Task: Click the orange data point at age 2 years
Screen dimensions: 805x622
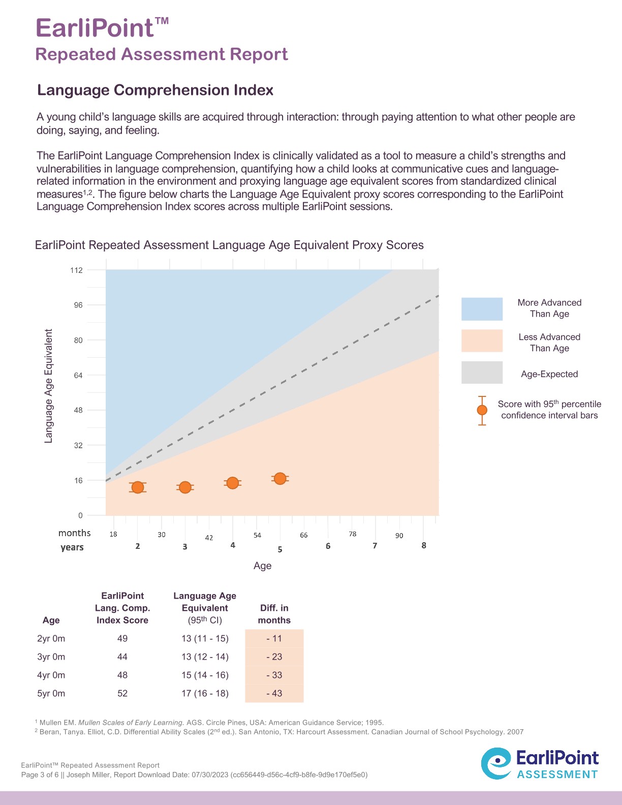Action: (x=138, y=487)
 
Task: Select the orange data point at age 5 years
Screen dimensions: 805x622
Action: (x=280, y=478)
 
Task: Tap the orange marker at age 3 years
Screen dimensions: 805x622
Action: (x=185, y=487)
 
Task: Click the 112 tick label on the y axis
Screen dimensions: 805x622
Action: (x=76, y=270)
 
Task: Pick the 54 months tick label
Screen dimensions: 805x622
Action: (x=257, y=535)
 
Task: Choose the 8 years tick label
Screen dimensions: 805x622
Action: (x=424, y=545)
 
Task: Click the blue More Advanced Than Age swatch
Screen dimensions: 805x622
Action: (x=482, y=309)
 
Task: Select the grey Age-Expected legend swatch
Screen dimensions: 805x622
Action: (x=482, y=373)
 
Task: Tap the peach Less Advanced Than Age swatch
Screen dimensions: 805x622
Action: (x=482, y=340)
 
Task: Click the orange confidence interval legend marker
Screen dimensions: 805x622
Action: (x=482, y=410)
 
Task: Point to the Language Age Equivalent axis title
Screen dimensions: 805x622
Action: (x=49, y=386)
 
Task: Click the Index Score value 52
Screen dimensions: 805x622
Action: (x=122, y=693)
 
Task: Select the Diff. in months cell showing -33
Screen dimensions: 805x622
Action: (x=274, y=675)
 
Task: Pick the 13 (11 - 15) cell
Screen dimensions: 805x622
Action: (x=205, y=638)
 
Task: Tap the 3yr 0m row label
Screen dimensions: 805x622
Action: (x=51, y=657)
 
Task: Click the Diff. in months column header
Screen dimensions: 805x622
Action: (x=274, y=614)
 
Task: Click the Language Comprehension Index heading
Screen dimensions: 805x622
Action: (x=155, y=90)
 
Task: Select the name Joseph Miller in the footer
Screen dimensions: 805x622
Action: (x=89, y=775)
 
